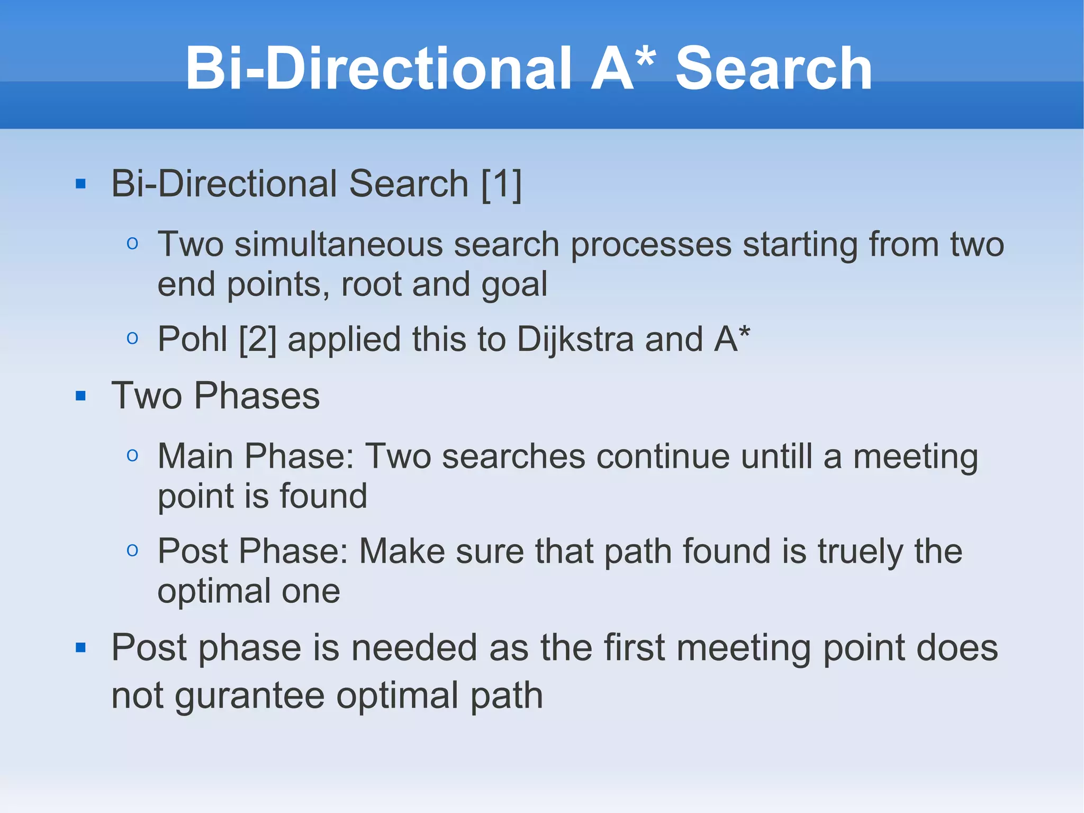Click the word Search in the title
click(774, 69)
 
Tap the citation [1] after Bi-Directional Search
click(501, 184)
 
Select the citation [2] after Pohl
click(257, 339)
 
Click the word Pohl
click(193, 339)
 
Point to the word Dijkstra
click(575, 339)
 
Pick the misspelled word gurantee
click(250, 696)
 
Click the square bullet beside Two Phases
click(80, 396)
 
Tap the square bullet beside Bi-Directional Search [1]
click(80, 184)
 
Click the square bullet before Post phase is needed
click(80, 647)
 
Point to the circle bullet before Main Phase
click(132, 455)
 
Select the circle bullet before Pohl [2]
click(132, 338)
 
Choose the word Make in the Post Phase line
click(402, 551)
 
